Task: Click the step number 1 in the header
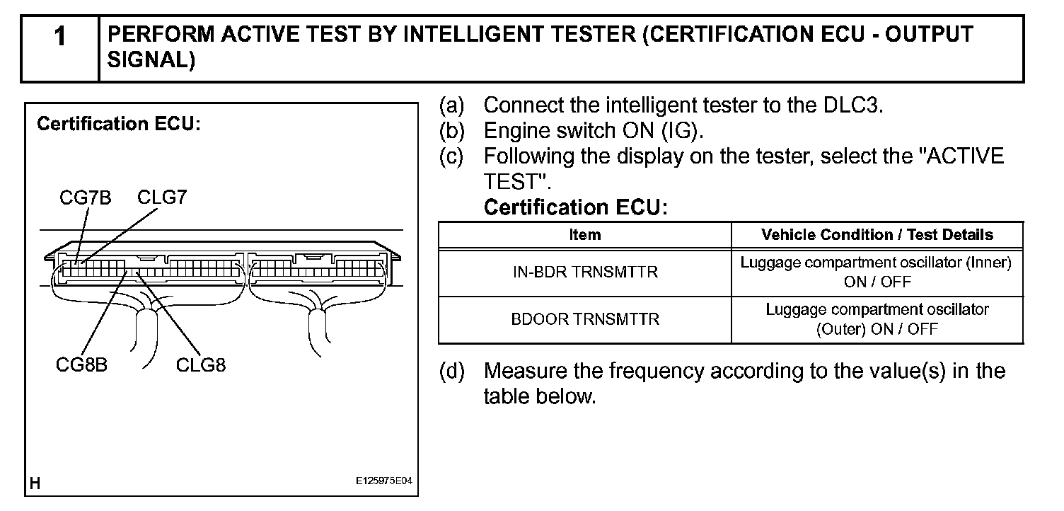[x=60, y=37]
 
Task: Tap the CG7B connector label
[x=86, y=197]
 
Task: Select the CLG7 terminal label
[x=162, y=197]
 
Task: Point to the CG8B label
[x=81, y=365]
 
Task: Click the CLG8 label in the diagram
[x=201, y=365]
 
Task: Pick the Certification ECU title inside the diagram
[x=119, y=124]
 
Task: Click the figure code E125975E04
[x=383, y=481]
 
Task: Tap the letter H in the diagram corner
[x=35, y=483]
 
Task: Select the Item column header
[x=584, y=234]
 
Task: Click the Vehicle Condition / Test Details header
[x=877, y=234]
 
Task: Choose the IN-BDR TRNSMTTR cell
[x=584, y=272]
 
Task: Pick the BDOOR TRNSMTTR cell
[x=584, y=319]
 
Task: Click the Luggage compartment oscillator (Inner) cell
[x=877, y=272]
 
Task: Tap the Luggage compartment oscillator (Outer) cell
[x=877, y=319]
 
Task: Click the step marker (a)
[x=451, y=106]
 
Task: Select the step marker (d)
[x=451, y=371]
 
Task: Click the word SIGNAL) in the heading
[x=151, y=61]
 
